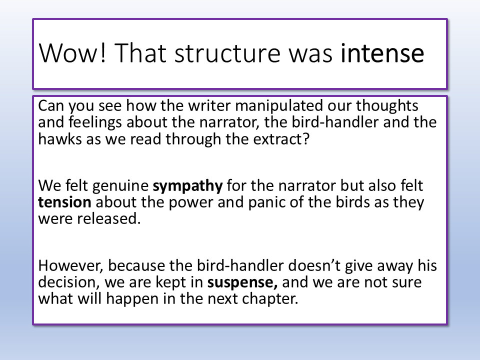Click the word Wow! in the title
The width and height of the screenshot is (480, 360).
pos(72,53)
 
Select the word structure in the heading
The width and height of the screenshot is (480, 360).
pos(227,53)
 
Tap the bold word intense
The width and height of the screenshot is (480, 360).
pos(382,53)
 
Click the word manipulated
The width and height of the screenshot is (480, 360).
pos(279,106)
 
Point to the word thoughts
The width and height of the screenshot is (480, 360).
pos(386,105)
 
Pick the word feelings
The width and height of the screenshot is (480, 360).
pos(95,122)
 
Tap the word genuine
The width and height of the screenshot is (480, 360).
pos(120,186)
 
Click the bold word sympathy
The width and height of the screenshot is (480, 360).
pos(187,186)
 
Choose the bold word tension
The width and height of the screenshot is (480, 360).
pos(64,202)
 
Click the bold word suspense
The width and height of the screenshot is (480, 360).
pos(242,282)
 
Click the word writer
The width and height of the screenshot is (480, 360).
pos(209,105)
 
